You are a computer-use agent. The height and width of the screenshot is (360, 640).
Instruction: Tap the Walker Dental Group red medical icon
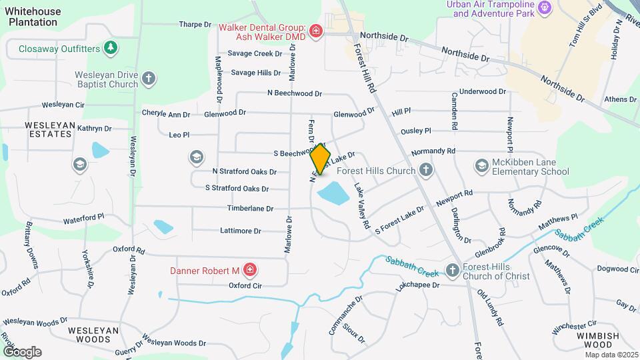click(315, 31)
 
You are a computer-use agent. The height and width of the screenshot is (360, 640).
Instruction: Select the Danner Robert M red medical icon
click(249, 270)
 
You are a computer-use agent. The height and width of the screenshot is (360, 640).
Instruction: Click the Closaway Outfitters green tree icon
click(111, 48)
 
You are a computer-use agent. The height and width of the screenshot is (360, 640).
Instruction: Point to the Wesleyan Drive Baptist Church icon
click(149, 79)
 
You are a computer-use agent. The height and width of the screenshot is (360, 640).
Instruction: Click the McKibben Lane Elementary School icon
click(481, 165)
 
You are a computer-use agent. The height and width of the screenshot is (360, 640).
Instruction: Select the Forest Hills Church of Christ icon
click(453, 270)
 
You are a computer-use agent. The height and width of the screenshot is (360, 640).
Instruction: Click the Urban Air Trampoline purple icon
click(545, 8)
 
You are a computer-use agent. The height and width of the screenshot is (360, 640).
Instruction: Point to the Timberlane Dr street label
click(251, 209)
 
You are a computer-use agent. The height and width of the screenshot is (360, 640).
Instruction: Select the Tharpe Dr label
click(195, 25)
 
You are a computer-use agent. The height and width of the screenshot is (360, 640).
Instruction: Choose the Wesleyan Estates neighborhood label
click(48, 129)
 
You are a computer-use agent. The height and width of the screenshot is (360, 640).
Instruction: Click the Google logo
click(22, 351)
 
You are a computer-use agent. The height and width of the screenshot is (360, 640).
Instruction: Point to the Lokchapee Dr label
click(418, 285)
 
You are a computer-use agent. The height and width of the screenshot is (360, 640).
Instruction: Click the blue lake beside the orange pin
click(332, 194)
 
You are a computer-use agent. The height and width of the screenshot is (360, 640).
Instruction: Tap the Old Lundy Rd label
click(490, 307)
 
